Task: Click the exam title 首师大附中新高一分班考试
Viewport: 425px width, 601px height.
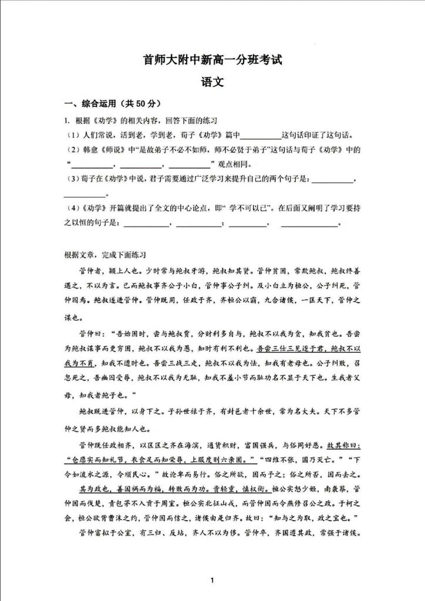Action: pyautogui.click(x=212, y=59)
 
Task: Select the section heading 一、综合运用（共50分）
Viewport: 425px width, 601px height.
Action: pyautogui.click(x=112, y=104)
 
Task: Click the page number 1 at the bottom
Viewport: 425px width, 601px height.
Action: pyautogui.click(x=212, y=580)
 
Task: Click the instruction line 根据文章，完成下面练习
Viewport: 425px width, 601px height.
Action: pyautogui.click(x=104, y=255)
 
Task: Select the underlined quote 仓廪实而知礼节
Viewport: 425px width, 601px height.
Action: pyautogui.click(x=103, y=455)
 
